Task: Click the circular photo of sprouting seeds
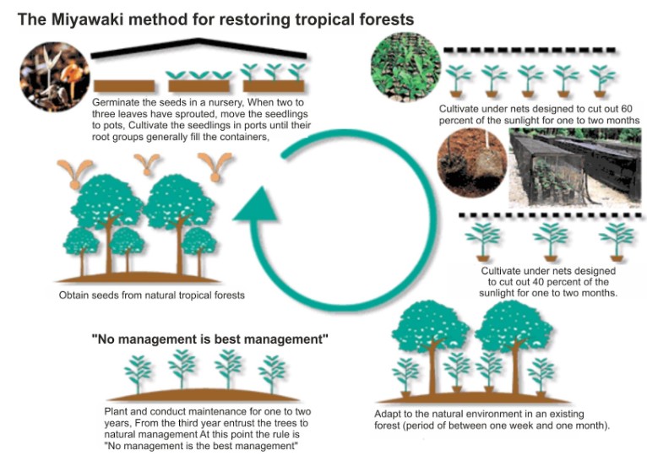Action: pyautogui.click(x=52, y=77)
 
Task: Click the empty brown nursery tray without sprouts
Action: pyautogui.click(x=124, y=85)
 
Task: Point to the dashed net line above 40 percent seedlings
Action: pyautogui.click(x=549, y=216)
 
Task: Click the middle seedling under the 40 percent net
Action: pyautogui.click(x=551, y=240)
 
